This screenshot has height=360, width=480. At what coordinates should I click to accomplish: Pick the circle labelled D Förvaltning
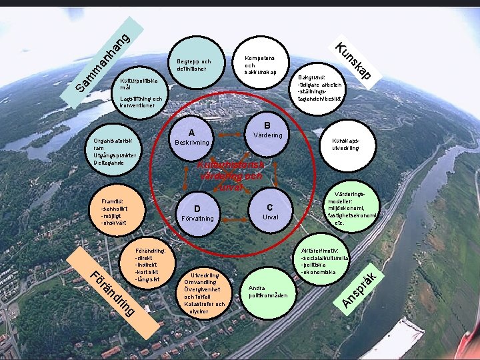click(197, 213)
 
